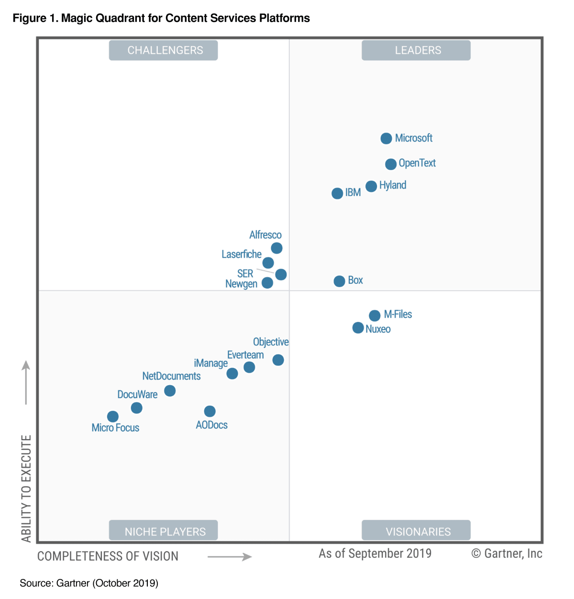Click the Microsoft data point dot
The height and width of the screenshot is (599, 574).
[x=386, y=138]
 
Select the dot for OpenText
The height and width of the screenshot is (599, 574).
[x=390, y=164]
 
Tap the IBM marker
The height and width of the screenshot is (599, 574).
[x=337, y=193]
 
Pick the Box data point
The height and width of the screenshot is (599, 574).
[x=339, y=281]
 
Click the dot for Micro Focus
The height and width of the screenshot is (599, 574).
[x=113, y=417]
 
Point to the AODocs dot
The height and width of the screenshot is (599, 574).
[x=210, y=411]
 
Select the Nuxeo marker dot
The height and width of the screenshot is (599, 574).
[x=358, y=328]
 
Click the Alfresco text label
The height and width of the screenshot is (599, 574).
[x=265, y=235]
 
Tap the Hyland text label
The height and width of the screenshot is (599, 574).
[x=393, y=185]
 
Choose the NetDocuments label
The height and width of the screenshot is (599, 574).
[x=171, y=376]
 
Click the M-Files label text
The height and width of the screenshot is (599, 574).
[x=397, y=314]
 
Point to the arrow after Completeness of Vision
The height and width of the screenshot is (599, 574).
[x=230, y=556]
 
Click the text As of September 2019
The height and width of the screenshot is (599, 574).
[x=375, y=554]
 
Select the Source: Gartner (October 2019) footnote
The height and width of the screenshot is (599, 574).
[x=89, y=583]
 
